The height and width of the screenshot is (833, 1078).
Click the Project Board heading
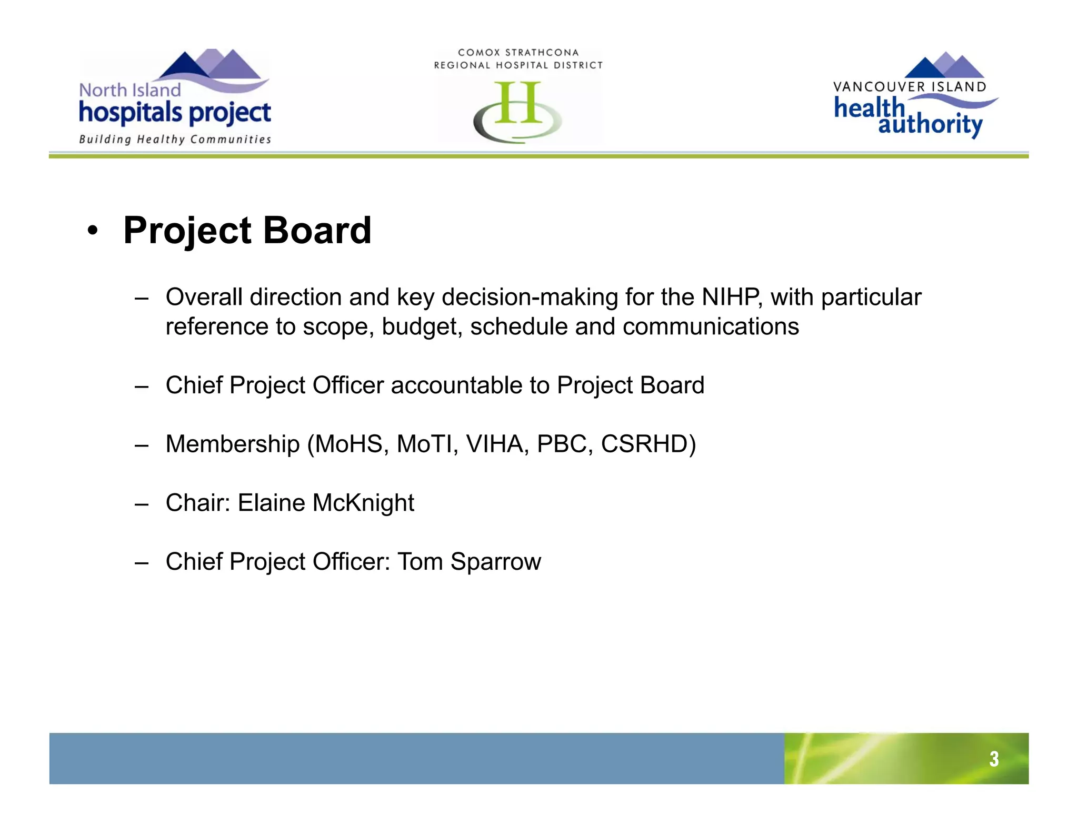[247, 231]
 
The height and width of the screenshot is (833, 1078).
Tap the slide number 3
[993, 759]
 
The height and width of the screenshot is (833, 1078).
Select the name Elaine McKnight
[326, 503]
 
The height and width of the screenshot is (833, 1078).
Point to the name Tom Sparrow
[469, 562]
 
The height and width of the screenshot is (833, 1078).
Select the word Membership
[232, 444]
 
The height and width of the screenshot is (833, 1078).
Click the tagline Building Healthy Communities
[175, 140]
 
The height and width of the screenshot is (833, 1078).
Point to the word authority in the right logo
[930, 125]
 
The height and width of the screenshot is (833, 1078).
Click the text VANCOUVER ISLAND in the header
[910, 87]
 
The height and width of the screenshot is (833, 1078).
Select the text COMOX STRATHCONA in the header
[518, 53]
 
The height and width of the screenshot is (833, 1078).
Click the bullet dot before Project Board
[93, 231]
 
